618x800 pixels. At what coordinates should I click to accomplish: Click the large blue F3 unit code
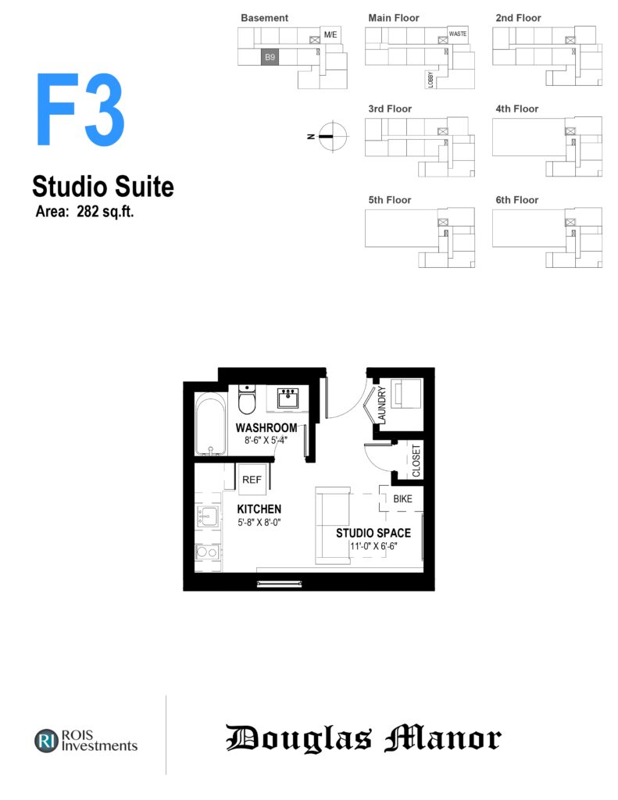click(80, 109)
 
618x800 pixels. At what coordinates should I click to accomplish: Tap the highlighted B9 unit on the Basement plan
click(270, 57)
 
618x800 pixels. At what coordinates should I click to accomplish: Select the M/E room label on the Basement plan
click(330, 34)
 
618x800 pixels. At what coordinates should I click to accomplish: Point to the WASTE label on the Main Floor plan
click(458, 34)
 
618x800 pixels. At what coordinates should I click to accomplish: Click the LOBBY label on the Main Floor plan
click(430, 80)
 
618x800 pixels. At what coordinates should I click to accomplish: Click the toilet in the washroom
click(247, 399)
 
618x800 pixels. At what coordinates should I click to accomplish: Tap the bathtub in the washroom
click(211, 424)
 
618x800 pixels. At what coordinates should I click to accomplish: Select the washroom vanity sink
click(288, 398)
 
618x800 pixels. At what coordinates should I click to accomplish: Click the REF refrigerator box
click(252, 479)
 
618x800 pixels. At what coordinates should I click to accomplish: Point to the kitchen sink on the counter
click(208, 517)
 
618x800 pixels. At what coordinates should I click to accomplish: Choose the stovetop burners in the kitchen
click(208, 552)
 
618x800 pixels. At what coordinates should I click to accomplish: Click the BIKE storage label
click(402, 499)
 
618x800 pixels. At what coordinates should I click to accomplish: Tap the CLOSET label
click(416, 460)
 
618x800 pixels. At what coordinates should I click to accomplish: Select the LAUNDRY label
click(382, 405)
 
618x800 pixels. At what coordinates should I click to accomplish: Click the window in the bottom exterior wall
click(279, 583)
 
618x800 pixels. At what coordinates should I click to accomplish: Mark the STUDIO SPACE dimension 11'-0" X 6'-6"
click(373, 546)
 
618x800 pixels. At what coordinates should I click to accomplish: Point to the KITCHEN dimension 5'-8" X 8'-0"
click(259, 523)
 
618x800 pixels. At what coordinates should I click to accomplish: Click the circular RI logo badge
click(46, 741)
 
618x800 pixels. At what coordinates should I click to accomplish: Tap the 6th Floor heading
click(517, 200)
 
